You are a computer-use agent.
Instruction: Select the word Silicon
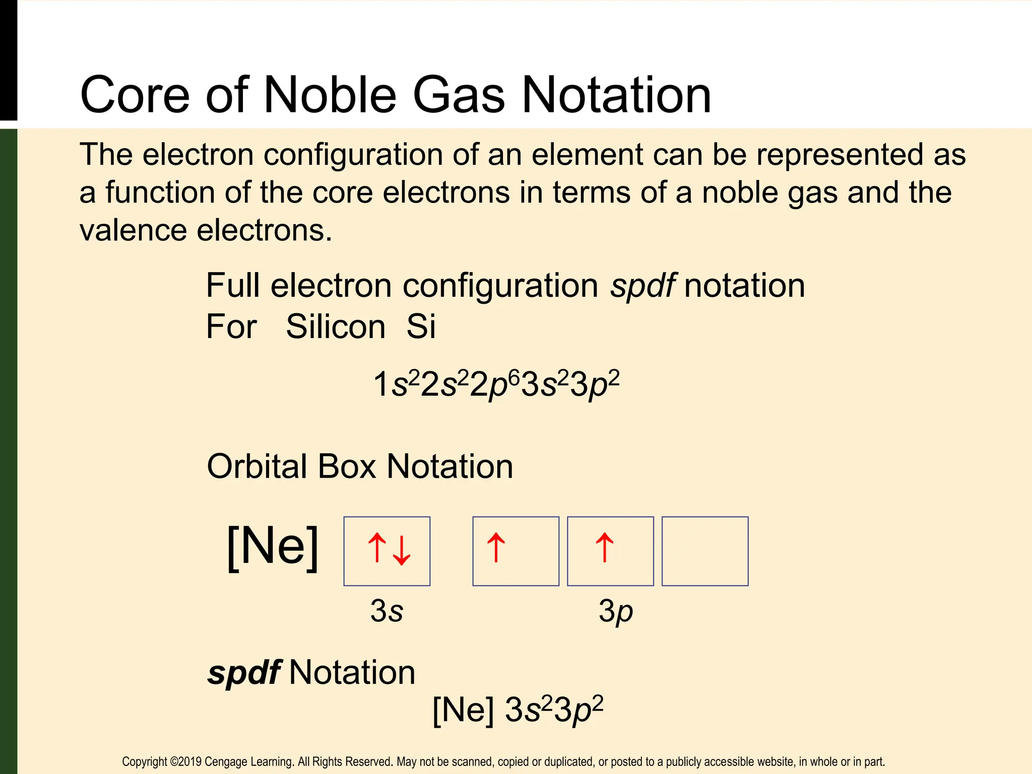point(336,327)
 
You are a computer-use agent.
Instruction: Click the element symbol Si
point(421,327)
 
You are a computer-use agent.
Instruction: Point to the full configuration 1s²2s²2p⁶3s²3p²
point(496,384)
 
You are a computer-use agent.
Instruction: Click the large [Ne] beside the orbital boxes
point(273,547)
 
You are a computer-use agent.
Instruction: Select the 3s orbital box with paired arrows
point(387,551)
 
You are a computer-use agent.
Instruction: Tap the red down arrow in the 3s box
point(402,550)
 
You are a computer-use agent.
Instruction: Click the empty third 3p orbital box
point(704,551)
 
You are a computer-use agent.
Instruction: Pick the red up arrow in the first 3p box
point(496,547)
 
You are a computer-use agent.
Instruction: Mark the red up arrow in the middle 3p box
point(605,547)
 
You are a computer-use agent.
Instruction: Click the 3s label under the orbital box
point(386,611)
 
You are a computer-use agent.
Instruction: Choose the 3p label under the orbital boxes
point(615,611)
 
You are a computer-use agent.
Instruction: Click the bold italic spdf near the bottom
point(244,673)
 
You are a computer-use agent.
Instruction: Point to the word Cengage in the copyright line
point(224,761)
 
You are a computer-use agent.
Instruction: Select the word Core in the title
point(135,95)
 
